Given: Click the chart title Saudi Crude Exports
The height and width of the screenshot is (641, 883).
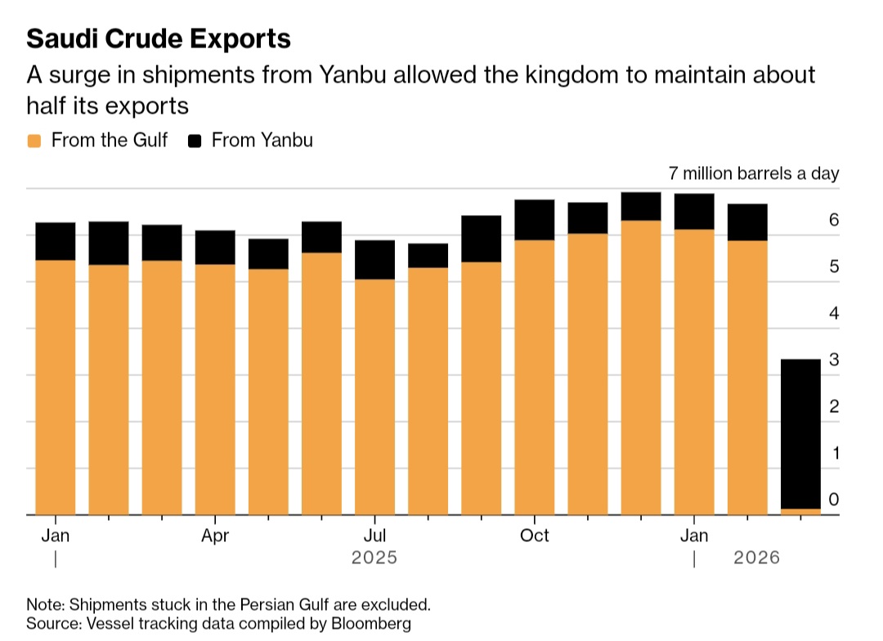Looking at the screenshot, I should coord(159,38).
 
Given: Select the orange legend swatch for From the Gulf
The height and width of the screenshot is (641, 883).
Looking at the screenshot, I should coord(34,141).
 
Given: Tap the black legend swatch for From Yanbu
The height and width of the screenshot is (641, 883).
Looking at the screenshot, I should coord(195,141).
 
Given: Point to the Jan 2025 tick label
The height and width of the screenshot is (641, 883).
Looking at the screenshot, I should coord(55,536).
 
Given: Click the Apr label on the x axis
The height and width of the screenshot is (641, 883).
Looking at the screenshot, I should coord(215,536).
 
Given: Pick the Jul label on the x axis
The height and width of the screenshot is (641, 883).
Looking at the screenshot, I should coord(374,536).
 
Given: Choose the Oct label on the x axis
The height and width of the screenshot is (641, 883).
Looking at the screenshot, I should coord(534,536).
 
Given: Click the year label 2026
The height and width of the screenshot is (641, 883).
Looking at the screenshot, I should coord(756,558).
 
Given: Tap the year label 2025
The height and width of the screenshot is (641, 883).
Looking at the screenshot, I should coord(374,558).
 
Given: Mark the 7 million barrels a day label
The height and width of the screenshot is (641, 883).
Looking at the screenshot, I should coord(753,174).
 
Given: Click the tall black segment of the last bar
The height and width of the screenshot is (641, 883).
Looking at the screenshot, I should coord(800,433).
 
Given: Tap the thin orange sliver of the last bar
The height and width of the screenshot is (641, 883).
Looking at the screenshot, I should coord(800,512).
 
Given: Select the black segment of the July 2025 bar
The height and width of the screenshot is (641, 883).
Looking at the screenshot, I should coord(374,260).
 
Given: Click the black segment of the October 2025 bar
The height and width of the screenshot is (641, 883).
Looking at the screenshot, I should coord(534,220).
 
